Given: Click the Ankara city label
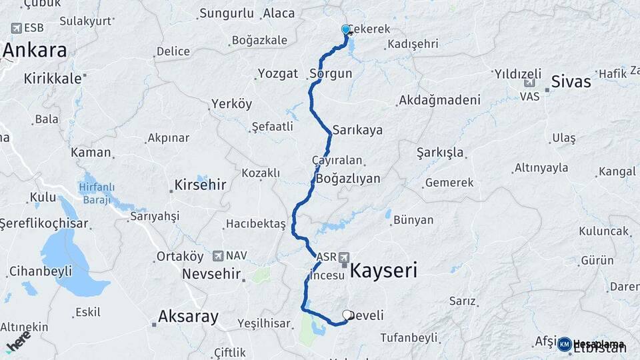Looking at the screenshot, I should coord(35,51).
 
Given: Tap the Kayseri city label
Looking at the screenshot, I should coord(383,271).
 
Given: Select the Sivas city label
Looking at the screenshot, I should coord(571,82).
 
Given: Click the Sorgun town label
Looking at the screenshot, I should coord(331,74).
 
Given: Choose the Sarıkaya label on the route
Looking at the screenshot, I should coord(357,130).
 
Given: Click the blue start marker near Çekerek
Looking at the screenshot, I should coord(346,30).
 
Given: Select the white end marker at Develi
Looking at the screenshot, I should coord(347,315).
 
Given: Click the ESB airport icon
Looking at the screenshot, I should coord(16,28).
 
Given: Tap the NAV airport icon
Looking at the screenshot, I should coord(217,256).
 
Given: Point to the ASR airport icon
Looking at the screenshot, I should coord(344,257).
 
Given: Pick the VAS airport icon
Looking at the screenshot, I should coord(530,83).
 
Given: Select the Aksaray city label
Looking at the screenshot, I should coord(188,317).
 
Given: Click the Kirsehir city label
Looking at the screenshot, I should coord(200,185).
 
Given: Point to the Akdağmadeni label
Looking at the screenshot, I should coord(439,101).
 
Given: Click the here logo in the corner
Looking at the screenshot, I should coord(18,340).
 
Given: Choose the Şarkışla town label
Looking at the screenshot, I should coord(440,153).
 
